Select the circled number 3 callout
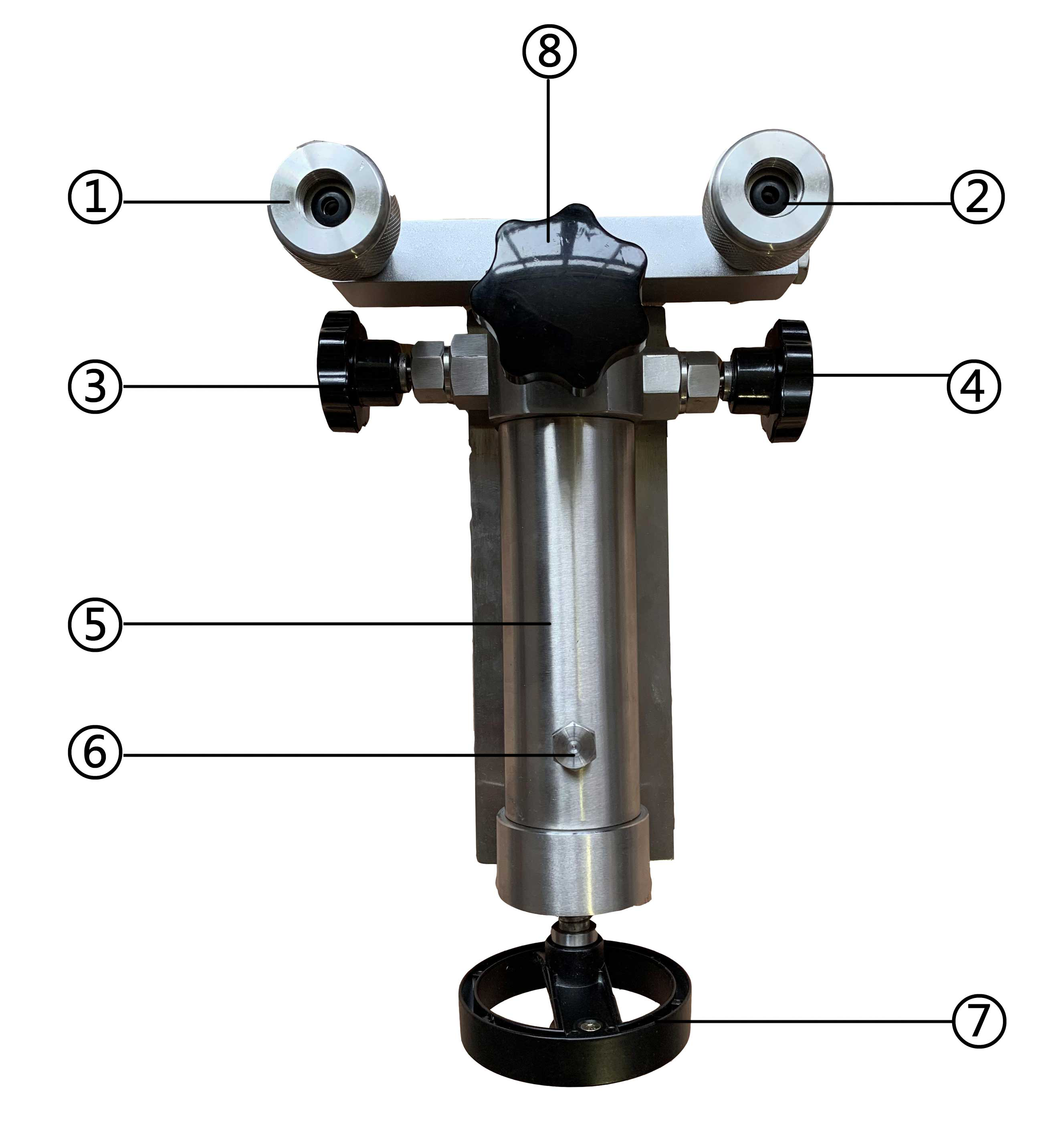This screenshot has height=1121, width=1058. coord(95,386)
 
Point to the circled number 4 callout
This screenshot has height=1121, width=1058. coord(973,386)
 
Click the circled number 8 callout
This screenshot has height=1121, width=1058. coord(549,51)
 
